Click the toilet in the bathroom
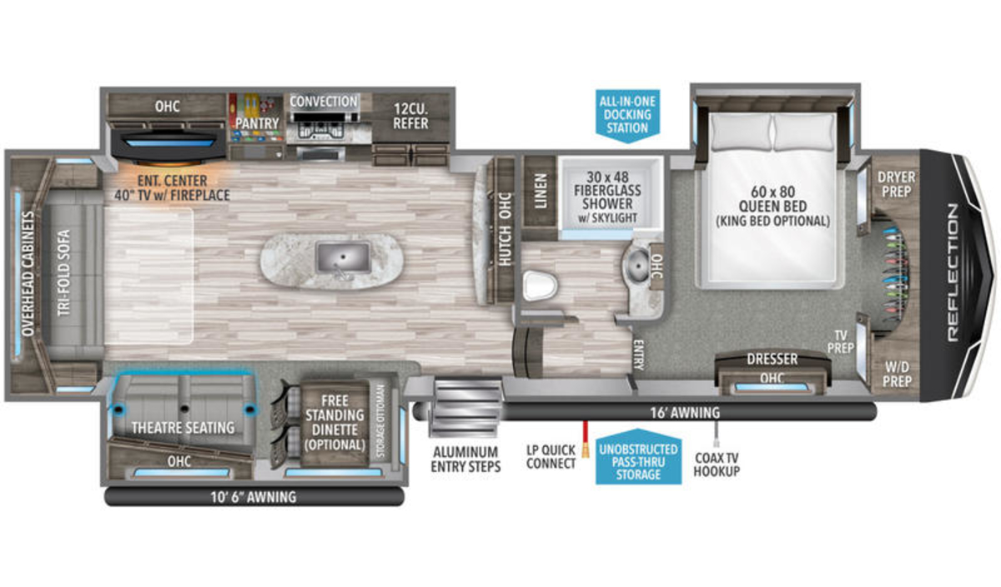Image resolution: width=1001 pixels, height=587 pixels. pos(541,285)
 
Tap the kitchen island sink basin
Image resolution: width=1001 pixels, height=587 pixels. pos(343,257)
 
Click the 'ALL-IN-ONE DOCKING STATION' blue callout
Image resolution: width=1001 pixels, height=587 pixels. pos(627,115)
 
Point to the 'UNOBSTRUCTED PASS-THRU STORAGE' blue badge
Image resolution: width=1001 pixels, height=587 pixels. pos(638,458)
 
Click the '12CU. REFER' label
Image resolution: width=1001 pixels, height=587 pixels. pos(410,116)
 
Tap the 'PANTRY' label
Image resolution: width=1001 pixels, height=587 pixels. pos(258,123)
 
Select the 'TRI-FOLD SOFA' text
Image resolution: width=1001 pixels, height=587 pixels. pos(64,273)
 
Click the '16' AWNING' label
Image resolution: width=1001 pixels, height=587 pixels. pos(685,413)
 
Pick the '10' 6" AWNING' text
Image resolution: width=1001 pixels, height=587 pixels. pos(254,497)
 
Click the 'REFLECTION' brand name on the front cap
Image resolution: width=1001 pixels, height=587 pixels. pos(953,273)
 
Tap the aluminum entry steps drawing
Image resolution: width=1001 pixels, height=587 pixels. pos(466,408)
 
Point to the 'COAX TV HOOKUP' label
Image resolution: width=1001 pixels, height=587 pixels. pos(717,464)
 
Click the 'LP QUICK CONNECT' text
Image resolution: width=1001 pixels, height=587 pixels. pos(551,457)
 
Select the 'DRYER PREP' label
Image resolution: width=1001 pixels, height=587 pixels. pos(896,184)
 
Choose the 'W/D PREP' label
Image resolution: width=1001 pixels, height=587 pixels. pos(897,374)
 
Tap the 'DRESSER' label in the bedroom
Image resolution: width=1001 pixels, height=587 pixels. pos(772,359)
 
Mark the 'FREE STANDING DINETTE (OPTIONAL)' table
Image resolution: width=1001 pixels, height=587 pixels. pos(335,422)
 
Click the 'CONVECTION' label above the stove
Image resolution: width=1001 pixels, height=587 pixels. pos(324,102)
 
